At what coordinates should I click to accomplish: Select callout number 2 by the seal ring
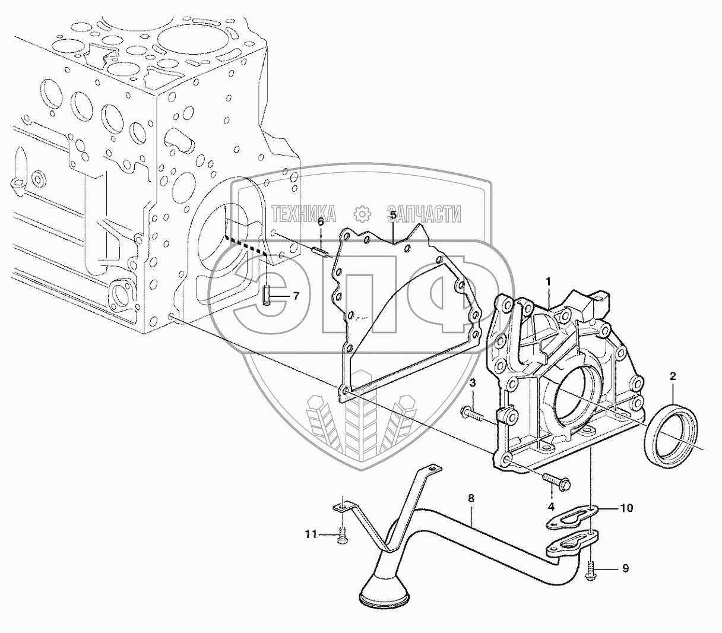tap(673, 376)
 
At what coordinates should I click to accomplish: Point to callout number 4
tap(551, 507)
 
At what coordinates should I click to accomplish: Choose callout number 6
tap(321, 221)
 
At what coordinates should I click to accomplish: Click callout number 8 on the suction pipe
tap(471, 499)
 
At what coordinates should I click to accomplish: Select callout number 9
tap(625, 569)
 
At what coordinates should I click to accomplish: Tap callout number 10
tap(626, 508)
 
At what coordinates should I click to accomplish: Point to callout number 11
tap(311, 534)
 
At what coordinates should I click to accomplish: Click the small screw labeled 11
tap(342, 535)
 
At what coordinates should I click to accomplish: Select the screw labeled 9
tap(591, 571)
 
